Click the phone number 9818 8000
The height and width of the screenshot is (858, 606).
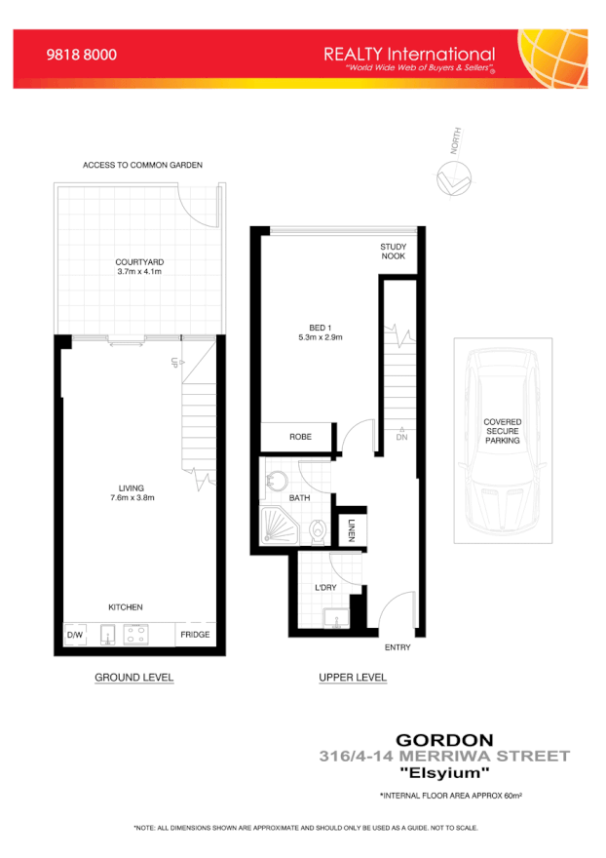pyautogui.click(x=82, y=56)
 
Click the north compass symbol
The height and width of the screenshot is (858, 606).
pyautogui.click(x=453, y=178)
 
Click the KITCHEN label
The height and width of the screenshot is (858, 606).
pyautogui.click(x=126, y=607)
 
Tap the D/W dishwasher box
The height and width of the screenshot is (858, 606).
pyautogui.click(x=75, y=636)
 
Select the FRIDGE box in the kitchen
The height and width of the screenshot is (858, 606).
pyautogui.click(x=193, y=636)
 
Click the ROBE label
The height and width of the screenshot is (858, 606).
pyautogui.click(x=300, y=437)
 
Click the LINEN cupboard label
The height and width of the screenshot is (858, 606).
pyautogui.click(x=351, y=531)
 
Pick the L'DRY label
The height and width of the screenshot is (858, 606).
pyautogui.click(x=324, y=589)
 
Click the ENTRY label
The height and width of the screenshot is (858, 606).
pyautogui.click(x=398, y=647)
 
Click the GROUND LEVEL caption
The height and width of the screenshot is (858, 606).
pyautogui.click(x=133, y=678)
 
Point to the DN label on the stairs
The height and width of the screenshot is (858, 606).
pyautogui.click(x=401, y=437)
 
